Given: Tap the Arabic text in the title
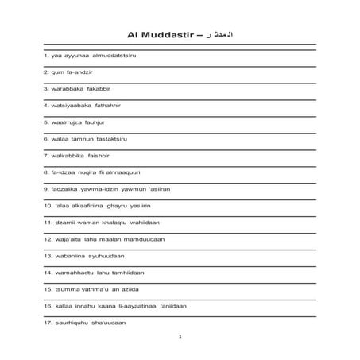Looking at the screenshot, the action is pyautogui.click(x=219, y=35).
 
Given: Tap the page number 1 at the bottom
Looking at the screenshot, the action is pyautogui.click(x=180, y=337).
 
